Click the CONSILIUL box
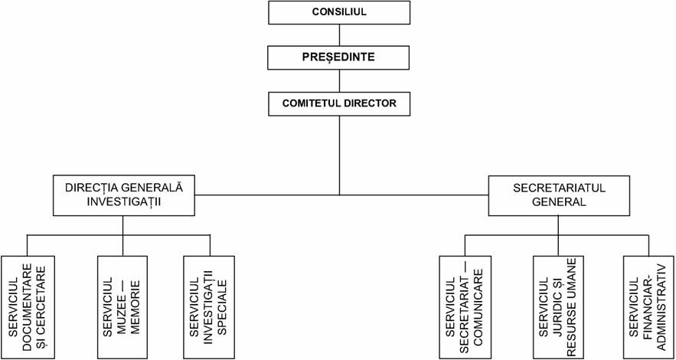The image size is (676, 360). (x=339, y=12)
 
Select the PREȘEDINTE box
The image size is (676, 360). (x=339, y=57)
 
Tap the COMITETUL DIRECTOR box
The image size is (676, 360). (x=339, y=104)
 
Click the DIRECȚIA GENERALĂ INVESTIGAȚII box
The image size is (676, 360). (x=123, y=195)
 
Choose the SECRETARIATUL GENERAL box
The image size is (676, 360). (x=559, y=195)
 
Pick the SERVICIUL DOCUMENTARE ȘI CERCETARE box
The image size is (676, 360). (x=28, y=307)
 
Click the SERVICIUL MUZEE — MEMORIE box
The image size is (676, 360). (x=123, y=307)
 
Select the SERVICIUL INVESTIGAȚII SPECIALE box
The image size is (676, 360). (x=209, y=307)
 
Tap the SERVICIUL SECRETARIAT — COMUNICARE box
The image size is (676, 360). (x=465, y=307)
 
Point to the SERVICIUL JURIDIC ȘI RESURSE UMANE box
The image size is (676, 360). (x=559, y=307)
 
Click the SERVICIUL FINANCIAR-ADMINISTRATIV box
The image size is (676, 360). (x=649, y=307)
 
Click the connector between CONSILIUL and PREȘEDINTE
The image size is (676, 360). (x=339, y=35)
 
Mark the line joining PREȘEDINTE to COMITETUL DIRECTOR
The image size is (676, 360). (x=339, y=81)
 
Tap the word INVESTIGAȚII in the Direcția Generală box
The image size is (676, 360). (x=124, y=201)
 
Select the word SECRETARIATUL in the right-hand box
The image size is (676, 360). (x=560, y=188)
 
